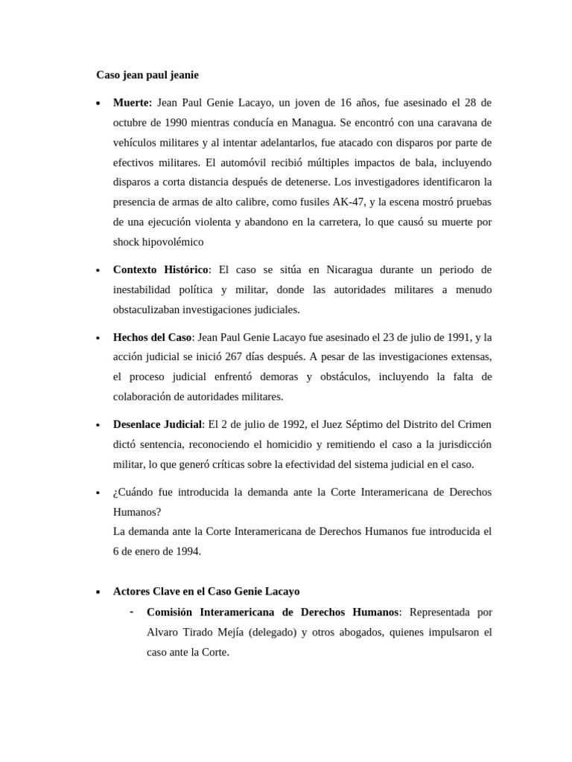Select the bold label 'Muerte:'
pos(133,102)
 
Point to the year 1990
pos(185,122)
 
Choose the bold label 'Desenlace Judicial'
pos(157,424)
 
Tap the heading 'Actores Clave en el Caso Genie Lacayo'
pos(206,592)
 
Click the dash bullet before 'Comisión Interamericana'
pos(131,612)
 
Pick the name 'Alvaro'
pos(164,632)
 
